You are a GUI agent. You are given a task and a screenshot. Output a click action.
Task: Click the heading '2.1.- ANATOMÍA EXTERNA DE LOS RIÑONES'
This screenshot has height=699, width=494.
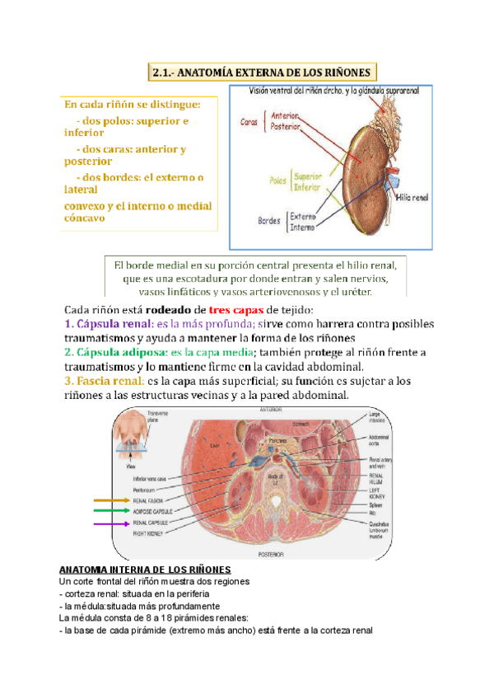263,73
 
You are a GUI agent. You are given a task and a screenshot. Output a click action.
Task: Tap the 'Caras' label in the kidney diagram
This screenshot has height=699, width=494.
249,122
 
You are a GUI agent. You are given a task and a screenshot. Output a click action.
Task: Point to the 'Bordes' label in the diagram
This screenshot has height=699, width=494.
268,221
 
